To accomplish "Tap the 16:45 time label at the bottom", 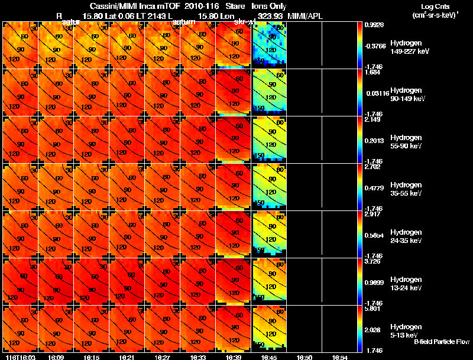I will click(270, 356).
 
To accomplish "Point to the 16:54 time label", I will click(340, 356).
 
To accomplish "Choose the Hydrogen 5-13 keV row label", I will click(407, 331).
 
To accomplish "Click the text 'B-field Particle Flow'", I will click(441, 342).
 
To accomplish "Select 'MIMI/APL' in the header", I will click(304, 16).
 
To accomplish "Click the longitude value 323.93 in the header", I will click(270, 16).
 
